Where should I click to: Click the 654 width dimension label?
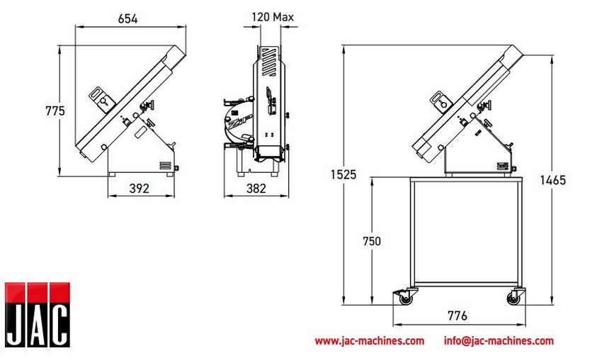pyautogui.click(x=127, y=18)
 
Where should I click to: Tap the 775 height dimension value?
pyautogui.click(x=55, y=111)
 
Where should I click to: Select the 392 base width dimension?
pyautogui.click(x=139, y=189)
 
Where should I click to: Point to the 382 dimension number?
pyautogui.click(x=256, y=189)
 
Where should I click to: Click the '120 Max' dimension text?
pyautogui.click(x=273, y=17)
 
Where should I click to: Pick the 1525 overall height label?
pyautogui.click(x=343, y=174)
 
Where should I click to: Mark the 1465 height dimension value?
pyautogui.click(x=553, y=180)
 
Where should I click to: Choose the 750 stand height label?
pyautogui.click(x=372, y=241)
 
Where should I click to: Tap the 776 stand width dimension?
pyautogui.click(x=458, y=316)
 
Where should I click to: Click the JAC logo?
pyautogui.click(x=38, y=315)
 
